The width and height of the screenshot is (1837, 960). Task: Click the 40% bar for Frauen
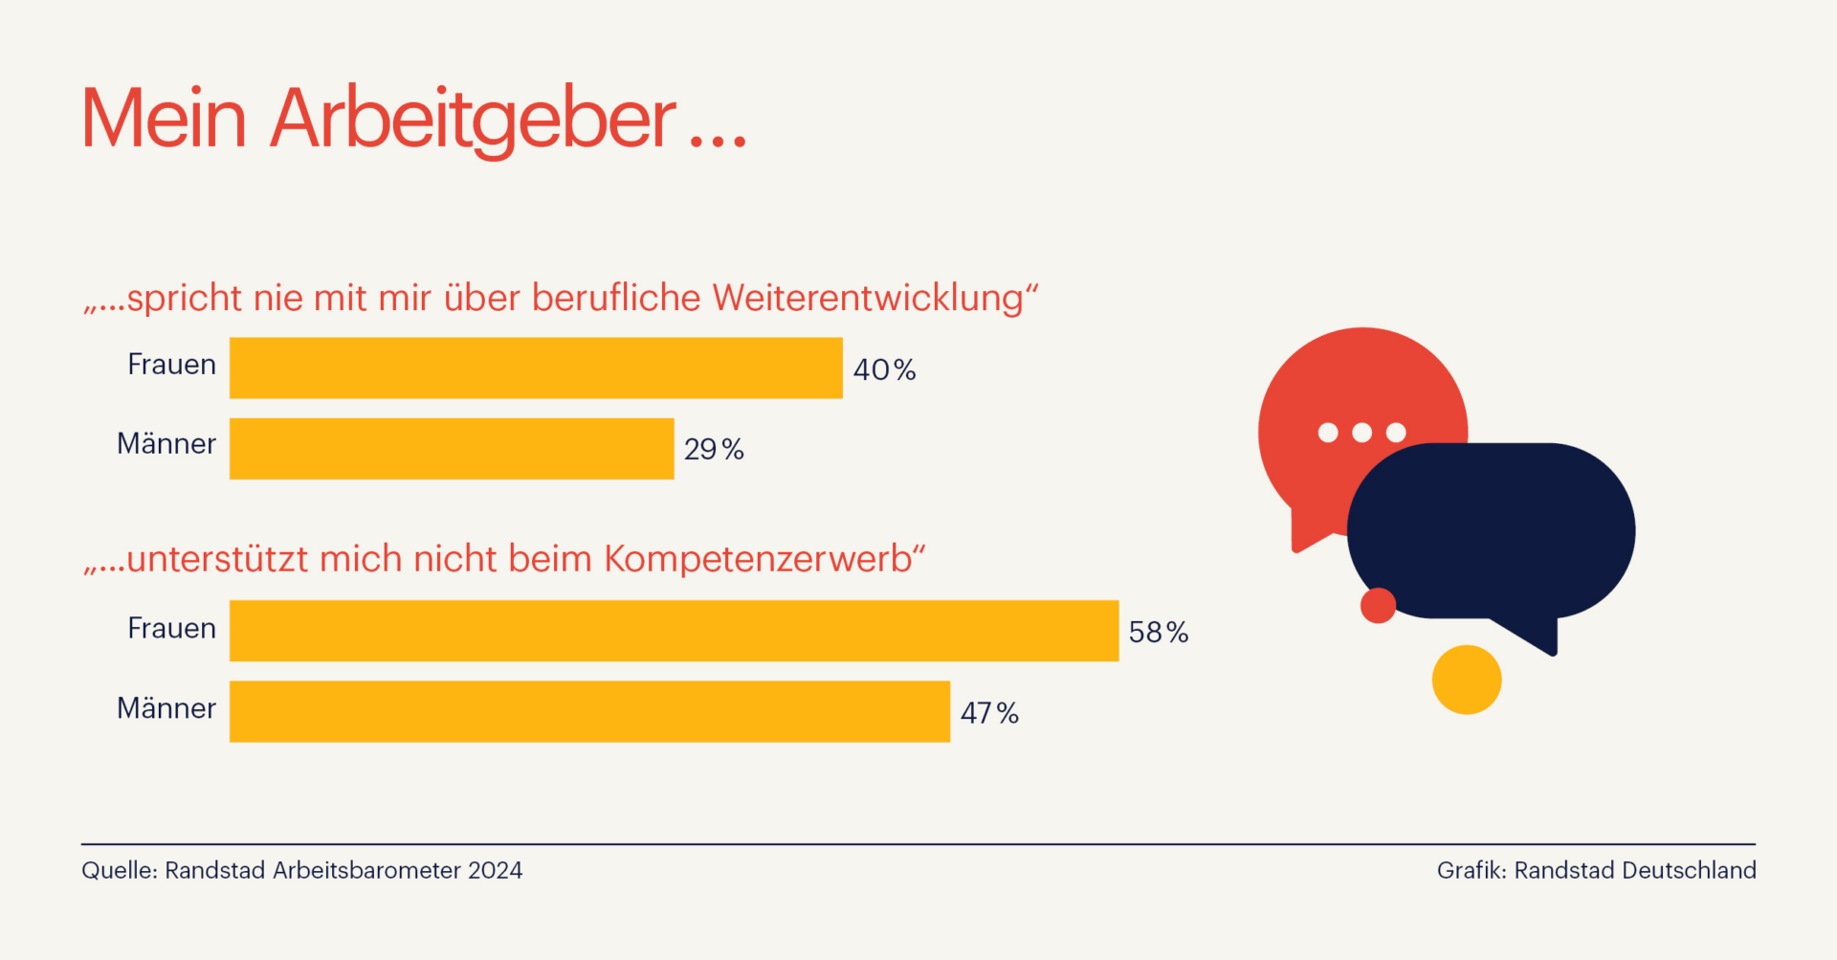[x=536, y=368]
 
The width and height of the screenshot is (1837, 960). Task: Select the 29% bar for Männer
[x=452, y=448]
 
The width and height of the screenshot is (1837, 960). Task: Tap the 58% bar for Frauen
[x=674, y=631]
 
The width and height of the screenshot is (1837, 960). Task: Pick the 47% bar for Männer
[x=589, y=711]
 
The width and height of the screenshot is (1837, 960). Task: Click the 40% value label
[x=884, y=369]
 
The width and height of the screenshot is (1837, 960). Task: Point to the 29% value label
[x=714, y=449]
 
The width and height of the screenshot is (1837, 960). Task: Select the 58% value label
[x=1159, y=632]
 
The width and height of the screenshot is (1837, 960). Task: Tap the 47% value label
[x=989, y=713]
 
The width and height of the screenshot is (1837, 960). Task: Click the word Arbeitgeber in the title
[x=474, y=120]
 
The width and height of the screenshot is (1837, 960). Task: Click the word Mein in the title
[x=164, y=120]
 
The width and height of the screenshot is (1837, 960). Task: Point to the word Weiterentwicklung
[x=868, y=298]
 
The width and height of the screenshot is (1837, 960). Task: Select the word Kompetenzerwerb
[x=758, y=559]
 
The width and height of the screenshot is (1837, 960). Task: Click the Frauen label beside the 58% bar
[x=172, y=629]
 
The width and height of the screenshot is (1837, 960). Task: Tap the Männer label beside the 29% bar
[x=166, y=444]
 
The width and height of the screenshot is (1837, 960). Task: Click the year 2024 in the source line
[x=495, y=870]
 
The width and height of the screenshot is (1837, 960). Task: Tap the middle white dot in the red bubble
[x=1361, y=433]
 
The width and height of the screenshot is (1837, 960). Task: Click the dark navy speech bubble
[x=1493, y=531]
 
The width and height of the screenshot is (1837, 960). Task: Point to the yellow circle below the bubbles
[x=1467, y=680]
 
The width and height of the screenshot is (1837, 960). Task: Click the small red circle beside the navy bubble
[x=1378, y=605]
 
